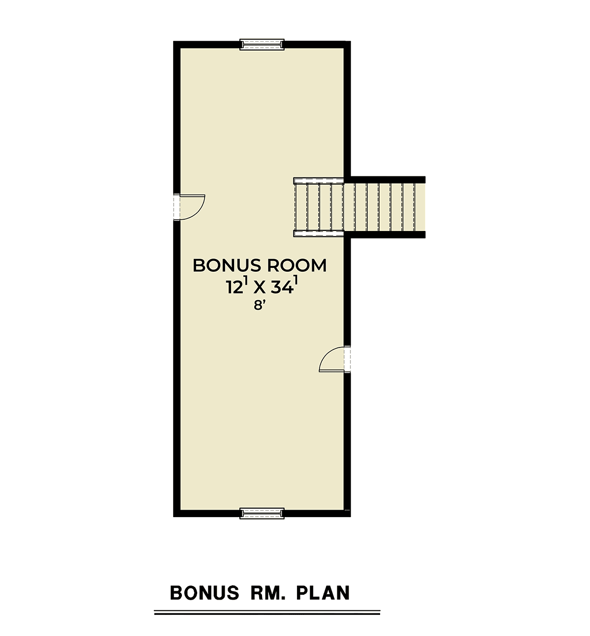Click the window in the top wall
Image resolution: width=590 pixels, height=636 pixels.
[x=262, y=45]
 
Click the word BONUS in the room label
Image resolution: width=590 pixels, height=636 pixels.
[x=225, y=265]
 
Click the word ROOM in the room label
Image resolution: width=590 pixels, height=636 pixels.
[x=297, y=265]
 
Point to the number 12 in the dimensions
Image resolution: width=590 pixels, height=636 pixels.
[x=234, y=287]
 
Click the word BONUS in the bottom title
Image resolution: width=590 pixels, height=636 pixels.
[x=205, y=593]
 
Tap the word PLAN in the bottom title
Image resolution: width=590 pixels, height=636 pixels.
[x=323, y=593]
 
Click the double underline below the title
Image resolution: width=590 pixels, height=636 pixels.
[x=267, y=612]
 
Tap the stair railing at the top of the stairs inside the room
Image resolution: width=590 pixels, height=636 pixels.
[x=319, y=180]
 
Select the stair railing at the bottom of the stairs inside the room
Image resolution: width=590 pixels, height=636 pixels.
[x=319, y=234]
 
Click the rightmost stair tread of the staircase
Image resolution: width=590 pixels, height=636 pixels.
[x=420, y=207]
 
